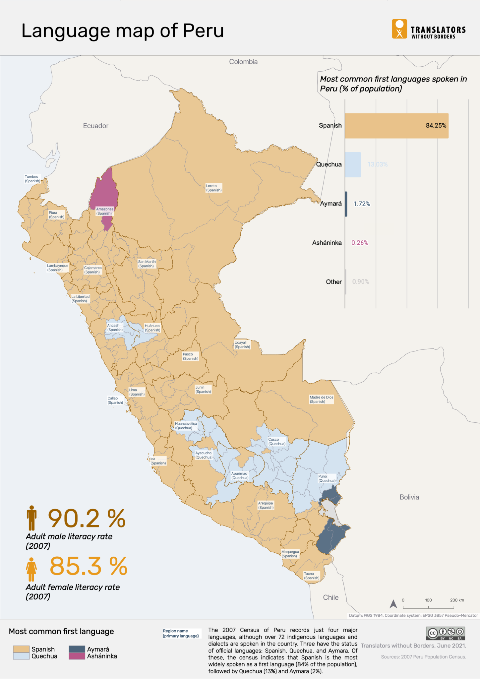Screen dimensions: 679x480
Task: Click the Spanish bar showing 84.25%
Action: coord(396,126)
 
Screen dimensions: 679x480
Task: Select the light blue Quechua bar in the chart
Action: coord(353,164)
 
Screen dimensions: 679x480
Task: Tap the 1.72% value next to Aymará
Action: coord(361,204)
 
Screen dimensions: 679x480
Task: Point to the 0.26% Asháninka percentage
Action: coord(360,243)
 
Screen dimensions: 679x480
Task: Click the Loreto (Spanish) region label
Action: coord(213,188)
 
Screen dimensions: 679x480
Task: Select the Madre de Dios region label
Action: coord(321,399)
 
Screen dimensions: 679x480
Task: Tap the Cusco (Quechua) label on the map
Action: coord(276,442)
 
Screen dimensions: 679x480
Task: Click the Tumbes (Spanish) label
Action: coord(32,179)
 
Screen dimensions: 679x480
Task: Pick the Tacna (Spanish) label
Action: coord(312,576)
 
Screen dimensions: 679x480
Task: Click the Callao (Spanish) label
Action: coord(115,400)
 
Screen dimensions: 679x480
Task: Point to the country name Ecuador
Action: coord(95,126)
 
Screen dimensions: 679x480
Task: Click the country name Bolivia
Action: coord(409,497)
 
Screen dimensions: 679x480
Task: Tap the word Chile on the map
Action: coord(330,597)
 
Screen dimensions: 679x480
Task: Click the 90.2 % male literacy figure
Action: coord(87,519)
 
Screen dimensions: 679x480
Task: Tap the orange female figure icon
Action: coord(31,569)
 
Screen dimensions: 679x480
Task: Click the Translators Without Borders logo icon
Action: coord(399,29)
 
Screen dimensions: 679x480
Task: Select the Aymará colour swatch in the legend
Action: coord(77,649)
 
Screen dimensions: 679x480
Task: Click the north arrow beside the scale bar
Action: coord(393,604)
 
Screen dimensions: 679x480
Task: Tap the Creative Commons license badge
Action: coord(445,633)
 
